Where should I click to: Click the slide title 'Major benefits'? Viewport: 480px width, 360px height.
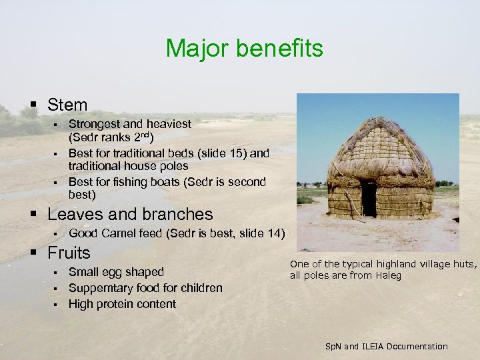pos(244,49)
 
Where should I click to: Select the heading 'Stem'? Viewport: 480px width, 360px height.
pos(67,105)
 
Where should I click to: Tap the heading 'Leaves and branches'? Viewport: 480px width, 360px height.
pos(130,214)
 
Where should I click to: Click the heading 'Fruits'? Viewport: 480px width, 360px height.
pos(69,253)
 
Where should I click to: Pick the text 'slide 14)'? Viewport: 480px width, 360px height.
pos(261,233)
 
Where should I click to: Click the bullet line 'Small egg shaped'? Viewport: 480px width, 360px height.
pos(116,272)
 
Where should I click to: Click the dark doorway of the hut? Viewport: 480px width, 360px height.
pos(369,198)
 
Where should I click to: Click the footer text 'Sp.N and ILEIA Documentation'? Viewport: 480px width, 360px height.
pos(386,347)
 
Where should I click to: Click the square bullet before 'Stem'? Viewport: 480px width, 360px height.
pos(33,105)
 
